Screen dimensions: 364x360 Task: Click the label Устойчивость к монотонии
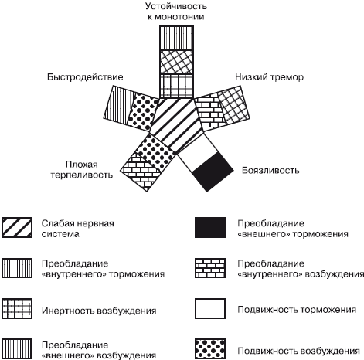pyautogui.click(x=176, y=12)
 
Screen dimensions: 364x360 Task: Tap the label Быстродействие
pyautogui.click(x=85, y=77)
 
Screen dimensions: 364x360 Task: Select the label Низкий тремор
pyautogui.click(x=269, y=77)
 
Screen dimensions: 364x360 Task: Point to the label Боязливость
pyautogui.click(x=270, y=171)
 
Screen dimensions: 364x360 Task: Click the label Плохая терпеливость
pyautogui.click(x=81, y=170)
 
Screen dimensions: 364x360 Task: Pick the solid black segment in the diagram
pyautogui.click(x=213, y=172)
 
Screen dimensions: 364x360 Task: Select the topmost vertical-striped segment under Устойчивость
pyautogui.click(x=176, y=38)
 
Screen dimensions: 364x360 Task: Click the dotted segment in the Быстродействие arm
pyautogui.click(x=143, y=112)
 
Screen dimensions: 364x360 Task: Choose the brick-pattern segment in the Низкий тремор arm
pyautogui.click(x=209, y=112)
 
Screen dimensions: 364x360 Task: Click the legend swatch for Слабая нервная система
pyautogui.click(x=17, y=227)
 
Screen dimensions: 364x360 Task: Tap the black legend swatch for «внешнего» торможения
pyautogui.click(x=210, y=227)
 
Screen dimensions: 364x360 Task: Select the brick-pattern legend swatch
pyautogui.click(x=210, y=268)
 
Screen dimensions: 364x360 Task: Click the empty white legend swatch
pyautogui.click(x=210, y=308)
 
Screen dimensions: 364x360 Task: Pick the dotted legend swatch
pyautogui.click(x=210, y=349)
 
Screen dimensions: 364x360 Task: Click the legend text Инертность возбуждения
pyautogui.click(x=99, y=311)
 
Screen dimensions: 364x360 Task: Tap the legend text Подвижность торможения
pyautogui.click(x=297, y=310)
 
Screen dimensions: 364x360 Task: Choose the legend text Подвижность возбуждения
pyautogui.click(x=298, y=351)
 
